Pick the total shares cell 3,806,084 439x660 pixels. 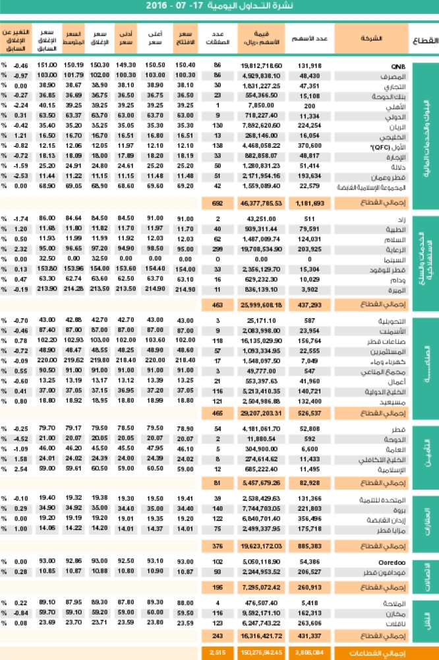point(308,653)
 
